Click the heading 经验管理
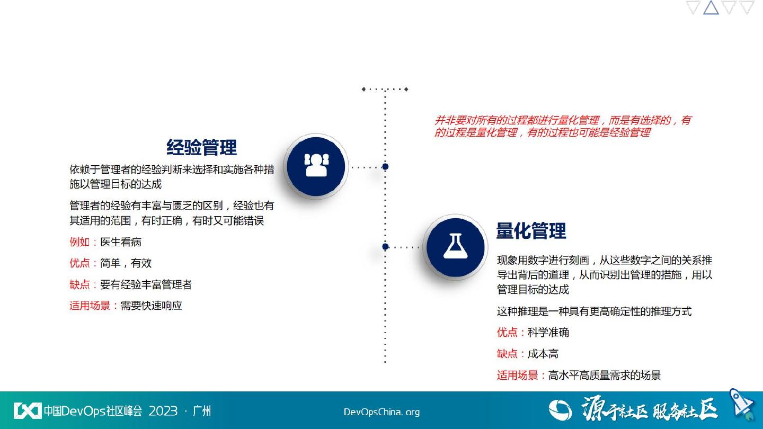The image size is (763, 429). [x=201, y=147]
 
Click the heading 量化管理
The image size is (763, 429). [x=531, y=231]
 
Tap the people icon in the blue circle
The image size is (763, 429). [x=316, y=165]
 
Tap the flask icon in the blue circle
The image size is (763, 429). [x=456, y=246]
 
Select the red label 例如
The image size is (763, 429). [x=79, y=242]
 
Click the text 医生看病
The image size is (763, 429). [x=121, y=242]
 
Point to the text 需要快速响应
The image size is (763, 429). [x=151, y=306]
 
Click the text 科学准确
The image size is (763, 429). [x=548, y=332]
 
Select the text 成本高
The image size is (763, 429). [x=543, y=354]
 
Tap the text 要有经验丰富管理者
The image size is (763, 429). [x=146, y=284]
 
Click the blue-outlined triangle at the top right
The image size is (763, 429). [x=711, y=7]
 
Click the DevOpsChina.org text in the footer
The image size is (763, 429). [x=381, y=412]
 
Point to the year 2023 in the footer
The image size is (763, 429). [x=163, y=411]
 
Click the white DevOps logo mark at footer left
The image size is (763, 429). [x=27, y=410]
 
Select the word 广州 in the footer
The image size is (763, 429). [x=202, y=411]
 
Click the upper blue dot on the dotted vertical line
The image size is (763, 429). [x=385, y=166]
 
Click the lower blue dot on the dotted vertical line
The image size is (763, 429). [x=385, y=246]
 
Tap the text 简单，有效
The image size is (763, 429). [x=126, y=263]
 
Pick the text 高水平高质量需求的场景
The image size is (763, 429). [x=605, y=375]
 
